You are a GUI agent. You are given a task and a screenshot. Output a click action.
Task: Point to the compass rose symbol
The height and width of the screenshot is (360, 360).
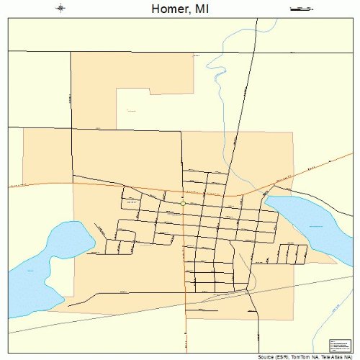tap(60, 9)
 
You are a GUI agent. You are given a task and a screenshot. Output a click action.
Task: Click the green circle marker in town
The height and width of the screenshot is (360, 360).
tap(183, 204)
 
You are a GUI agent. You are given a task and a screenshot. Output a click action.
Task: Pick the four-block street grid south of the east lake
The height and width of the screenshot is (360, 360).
tap(292, 253)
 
